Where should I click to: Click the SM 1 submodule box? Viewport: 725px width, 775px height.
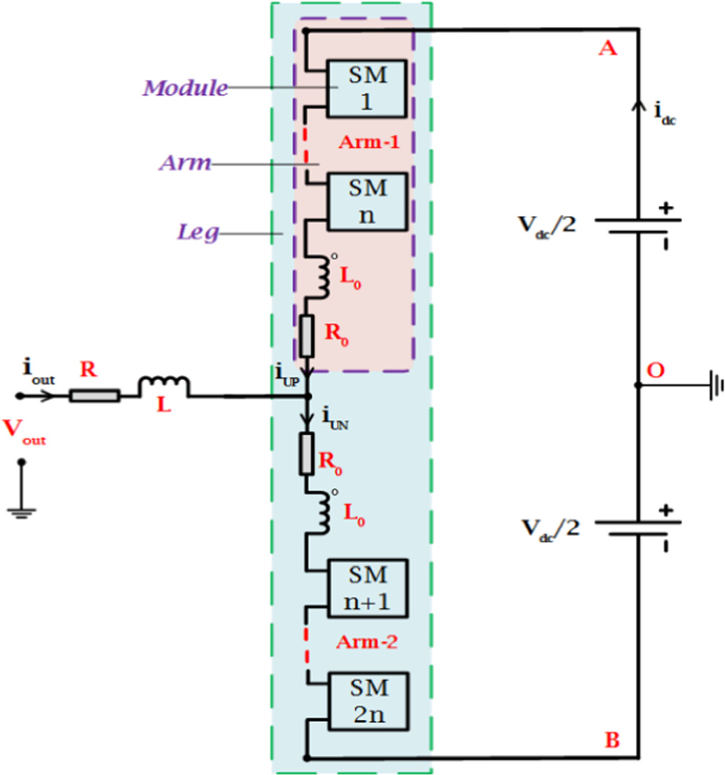[366, 88]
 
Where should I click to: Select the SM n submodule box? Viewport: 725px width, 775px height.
[366, 200]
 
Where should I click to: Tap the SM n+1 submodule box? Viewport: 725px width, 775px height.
[366, 587]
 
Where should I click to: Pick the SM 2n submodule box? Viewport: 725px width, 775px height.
[366, 700]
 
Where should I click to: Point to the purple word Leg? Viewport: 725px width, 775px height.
[197, 232]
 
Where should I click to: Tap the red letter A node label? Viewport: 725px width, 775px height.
[607, 48]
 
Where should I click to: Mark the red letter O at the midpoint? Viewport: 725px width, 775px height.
[654, 370]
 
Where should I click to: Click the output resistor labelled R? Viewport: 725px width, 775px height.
[94, 394]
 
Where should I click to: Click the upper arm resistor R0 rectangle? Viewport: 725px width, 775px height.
[308, 336]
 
